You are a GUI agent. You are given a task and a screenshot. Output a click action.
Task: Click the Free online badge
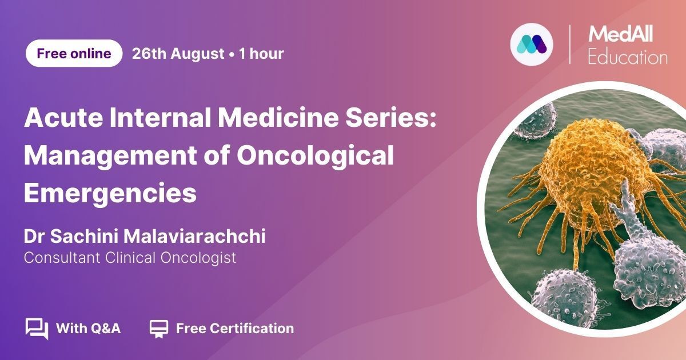click(x=74, y=53)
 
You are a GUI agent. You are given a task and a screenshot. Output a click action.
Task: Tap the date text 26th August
click(x=178, y=54)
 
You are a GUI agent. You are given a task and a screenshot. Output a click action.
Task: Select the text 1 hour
click(x=261, y=54)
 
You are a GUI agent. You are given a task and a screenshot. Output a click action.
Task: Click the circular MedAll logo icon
click(x=532, y=45)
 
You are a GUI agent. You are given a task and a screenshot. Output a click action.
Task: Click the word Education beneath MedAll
click(x=628, y=57)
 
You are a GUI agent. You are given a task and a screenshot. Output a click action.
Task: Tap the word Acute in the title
click(x=63, y=117)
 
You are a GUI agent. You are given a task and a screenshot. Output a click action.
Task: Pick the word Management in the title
click(x=110, y=156)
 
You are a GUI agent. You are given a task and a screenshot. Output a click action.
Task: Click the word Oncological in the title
click(x=315, y=156)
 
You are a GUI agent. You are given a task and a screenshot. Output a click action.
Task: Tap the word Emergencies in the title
click(x=110, y=194)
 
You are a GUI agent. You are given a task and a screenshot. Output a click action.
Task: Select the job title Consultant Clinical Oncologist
click(x=130, y=258)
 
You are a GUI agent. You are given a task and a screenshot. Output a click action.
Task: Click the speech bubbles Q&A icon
click(x=37, y=329)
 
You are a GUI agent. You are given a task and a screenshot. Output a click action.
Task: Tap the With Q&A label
click(x=88, y=329)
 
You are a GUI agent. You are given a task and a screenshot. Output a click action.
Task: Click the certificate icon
click(x=159, y=329)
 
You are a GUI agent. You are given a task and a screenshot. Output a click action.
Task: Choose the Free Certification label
click(x=235, y=329)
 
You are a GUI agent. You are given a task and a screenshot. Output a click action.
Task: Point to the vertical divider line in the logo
click(x=570, y=45)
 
